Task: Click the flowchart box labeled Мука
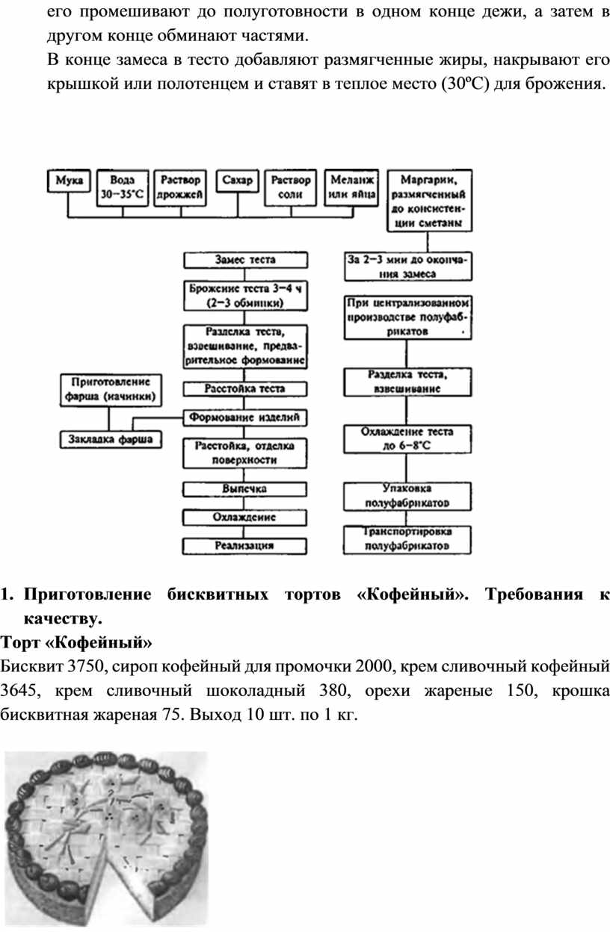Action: [x=68, y=181]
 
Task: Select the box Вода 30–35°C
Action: [x=123, y=187]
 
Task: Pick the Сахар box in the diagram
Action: [x=238, y=181]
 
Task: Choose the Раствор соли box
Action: [x=292, y=187]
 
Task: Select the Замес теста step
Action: [x=244, y=261]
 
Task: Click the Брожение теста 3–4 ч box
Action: [x=244, y=296]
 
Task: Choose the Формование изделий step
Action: [x=244, y=417]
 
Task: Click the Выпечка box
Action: [x=244, y=488]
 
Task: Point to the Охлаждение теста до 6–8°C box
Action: [x=407, y=438]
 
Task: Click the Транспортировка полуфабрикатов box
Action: [x=407, y=539]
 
